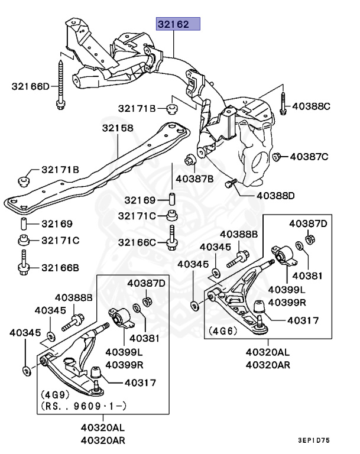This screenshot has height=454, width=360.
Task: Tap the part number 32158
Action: coord(117,128)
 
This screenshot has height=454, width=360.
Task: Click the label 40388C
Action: coord(311,106)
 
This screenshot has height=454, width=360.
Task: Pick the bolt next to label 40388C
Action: coord(283,103)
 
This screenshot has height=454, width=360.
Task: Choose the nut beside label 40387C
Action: coord(276,156)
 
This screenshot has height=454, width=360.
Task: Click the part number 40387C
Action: coord(308,157)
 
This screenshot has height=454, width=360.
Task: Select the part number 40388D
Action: coord(275,195)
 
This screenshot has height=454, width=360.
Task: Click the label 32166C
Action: coord(137,242)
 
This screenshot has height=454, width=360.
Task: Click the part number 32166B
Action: coord(60,268)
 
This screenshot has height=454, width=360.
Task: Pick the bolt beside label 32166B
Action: coord(24,262)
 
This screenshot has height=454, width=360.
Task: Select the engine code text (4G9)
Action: coord(56,394)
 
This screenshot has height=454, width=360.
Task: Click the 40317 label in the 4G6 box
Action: coord(303,320)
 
